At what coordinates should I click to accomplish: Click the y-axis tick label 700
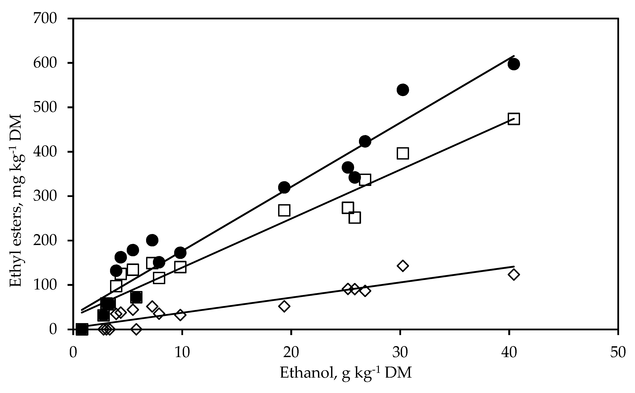coord(45,19)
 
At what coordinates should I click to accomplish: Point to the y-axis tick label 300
coord(45,196)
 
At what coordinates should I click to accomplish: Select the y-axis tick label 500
coord(45,108)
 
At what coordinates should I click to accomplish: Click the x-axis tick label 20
coord(291,353)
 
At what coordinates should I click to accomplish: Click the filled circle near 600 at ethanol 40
coord(514,64)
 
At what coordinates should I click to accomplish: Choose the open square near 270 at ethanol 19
coord(284,210)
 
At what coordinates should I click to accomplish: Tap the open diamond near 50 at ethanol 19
coord(284,306)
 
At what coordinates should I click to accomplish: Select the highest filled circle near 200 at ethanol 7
coord(152,240)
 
